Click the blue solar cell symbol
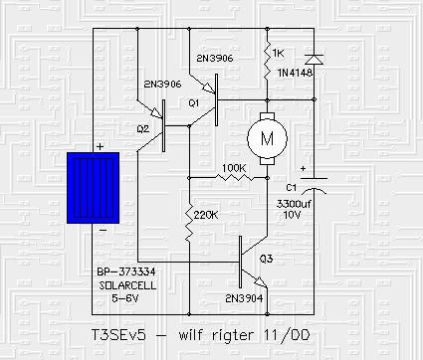[x=96, y=188]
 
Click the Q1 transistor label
[x=194, y=102]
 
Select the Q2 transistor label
[x=143, y=128]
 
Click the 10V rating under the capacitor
[x=291, y=215]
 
